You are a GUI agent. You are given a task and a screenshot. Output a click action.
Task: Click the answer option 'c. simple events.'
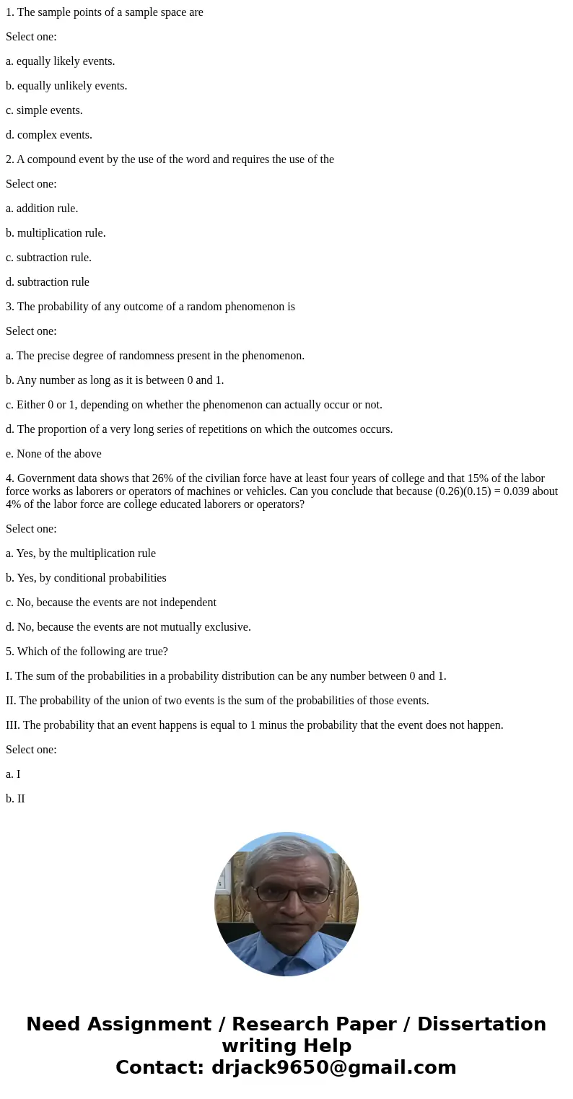click(44, 110)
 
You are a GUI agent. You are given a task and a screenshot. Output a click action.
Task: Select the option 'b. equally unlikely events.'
click(66, 86)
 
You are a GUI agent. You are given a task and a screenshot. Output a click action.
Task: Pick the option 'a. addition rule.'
click(42, 209)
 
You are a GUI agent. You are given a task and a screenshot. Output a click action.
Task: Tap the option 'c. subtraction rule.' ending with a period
click(48, 258)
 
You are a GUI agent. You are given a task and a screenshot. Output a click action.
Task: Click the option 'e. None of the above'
click(53, 454)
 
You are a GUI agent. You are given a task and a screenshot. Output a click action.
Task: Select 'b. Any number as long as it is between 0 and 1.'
click(115, 380)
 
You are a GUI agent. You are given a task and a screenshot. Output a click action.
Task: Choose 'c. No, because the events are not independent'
click(111, 603)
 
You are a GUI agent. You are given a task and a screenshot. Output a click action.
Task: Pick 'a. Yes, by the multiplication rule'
click(81, 553)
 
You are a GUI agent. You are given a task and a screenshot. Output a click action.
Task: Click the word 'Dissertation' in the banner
click(481, 1024)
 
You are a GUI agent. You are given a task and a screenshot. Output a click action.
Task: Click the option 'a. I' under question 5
click(13, 774)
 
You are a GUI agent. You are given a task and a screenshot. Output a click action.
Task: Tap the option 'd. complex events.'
click(49, 135)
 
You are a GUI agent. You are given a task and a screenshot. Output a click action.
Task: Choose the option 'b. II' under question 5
click(15, 799)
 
